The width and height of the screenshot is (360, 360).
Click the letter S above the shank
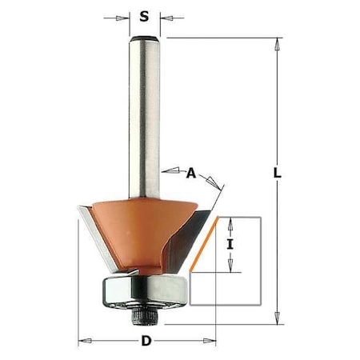point(144,15)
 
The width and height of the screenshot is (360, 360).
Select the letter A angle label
point(190,172)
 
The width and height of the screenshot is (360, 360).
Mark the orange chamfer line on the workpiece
point(206,245)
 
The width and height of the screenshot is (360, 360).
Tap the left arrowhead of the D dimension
point(83,342)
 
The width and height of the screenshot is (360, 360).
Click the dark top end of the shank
point(145,37)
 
